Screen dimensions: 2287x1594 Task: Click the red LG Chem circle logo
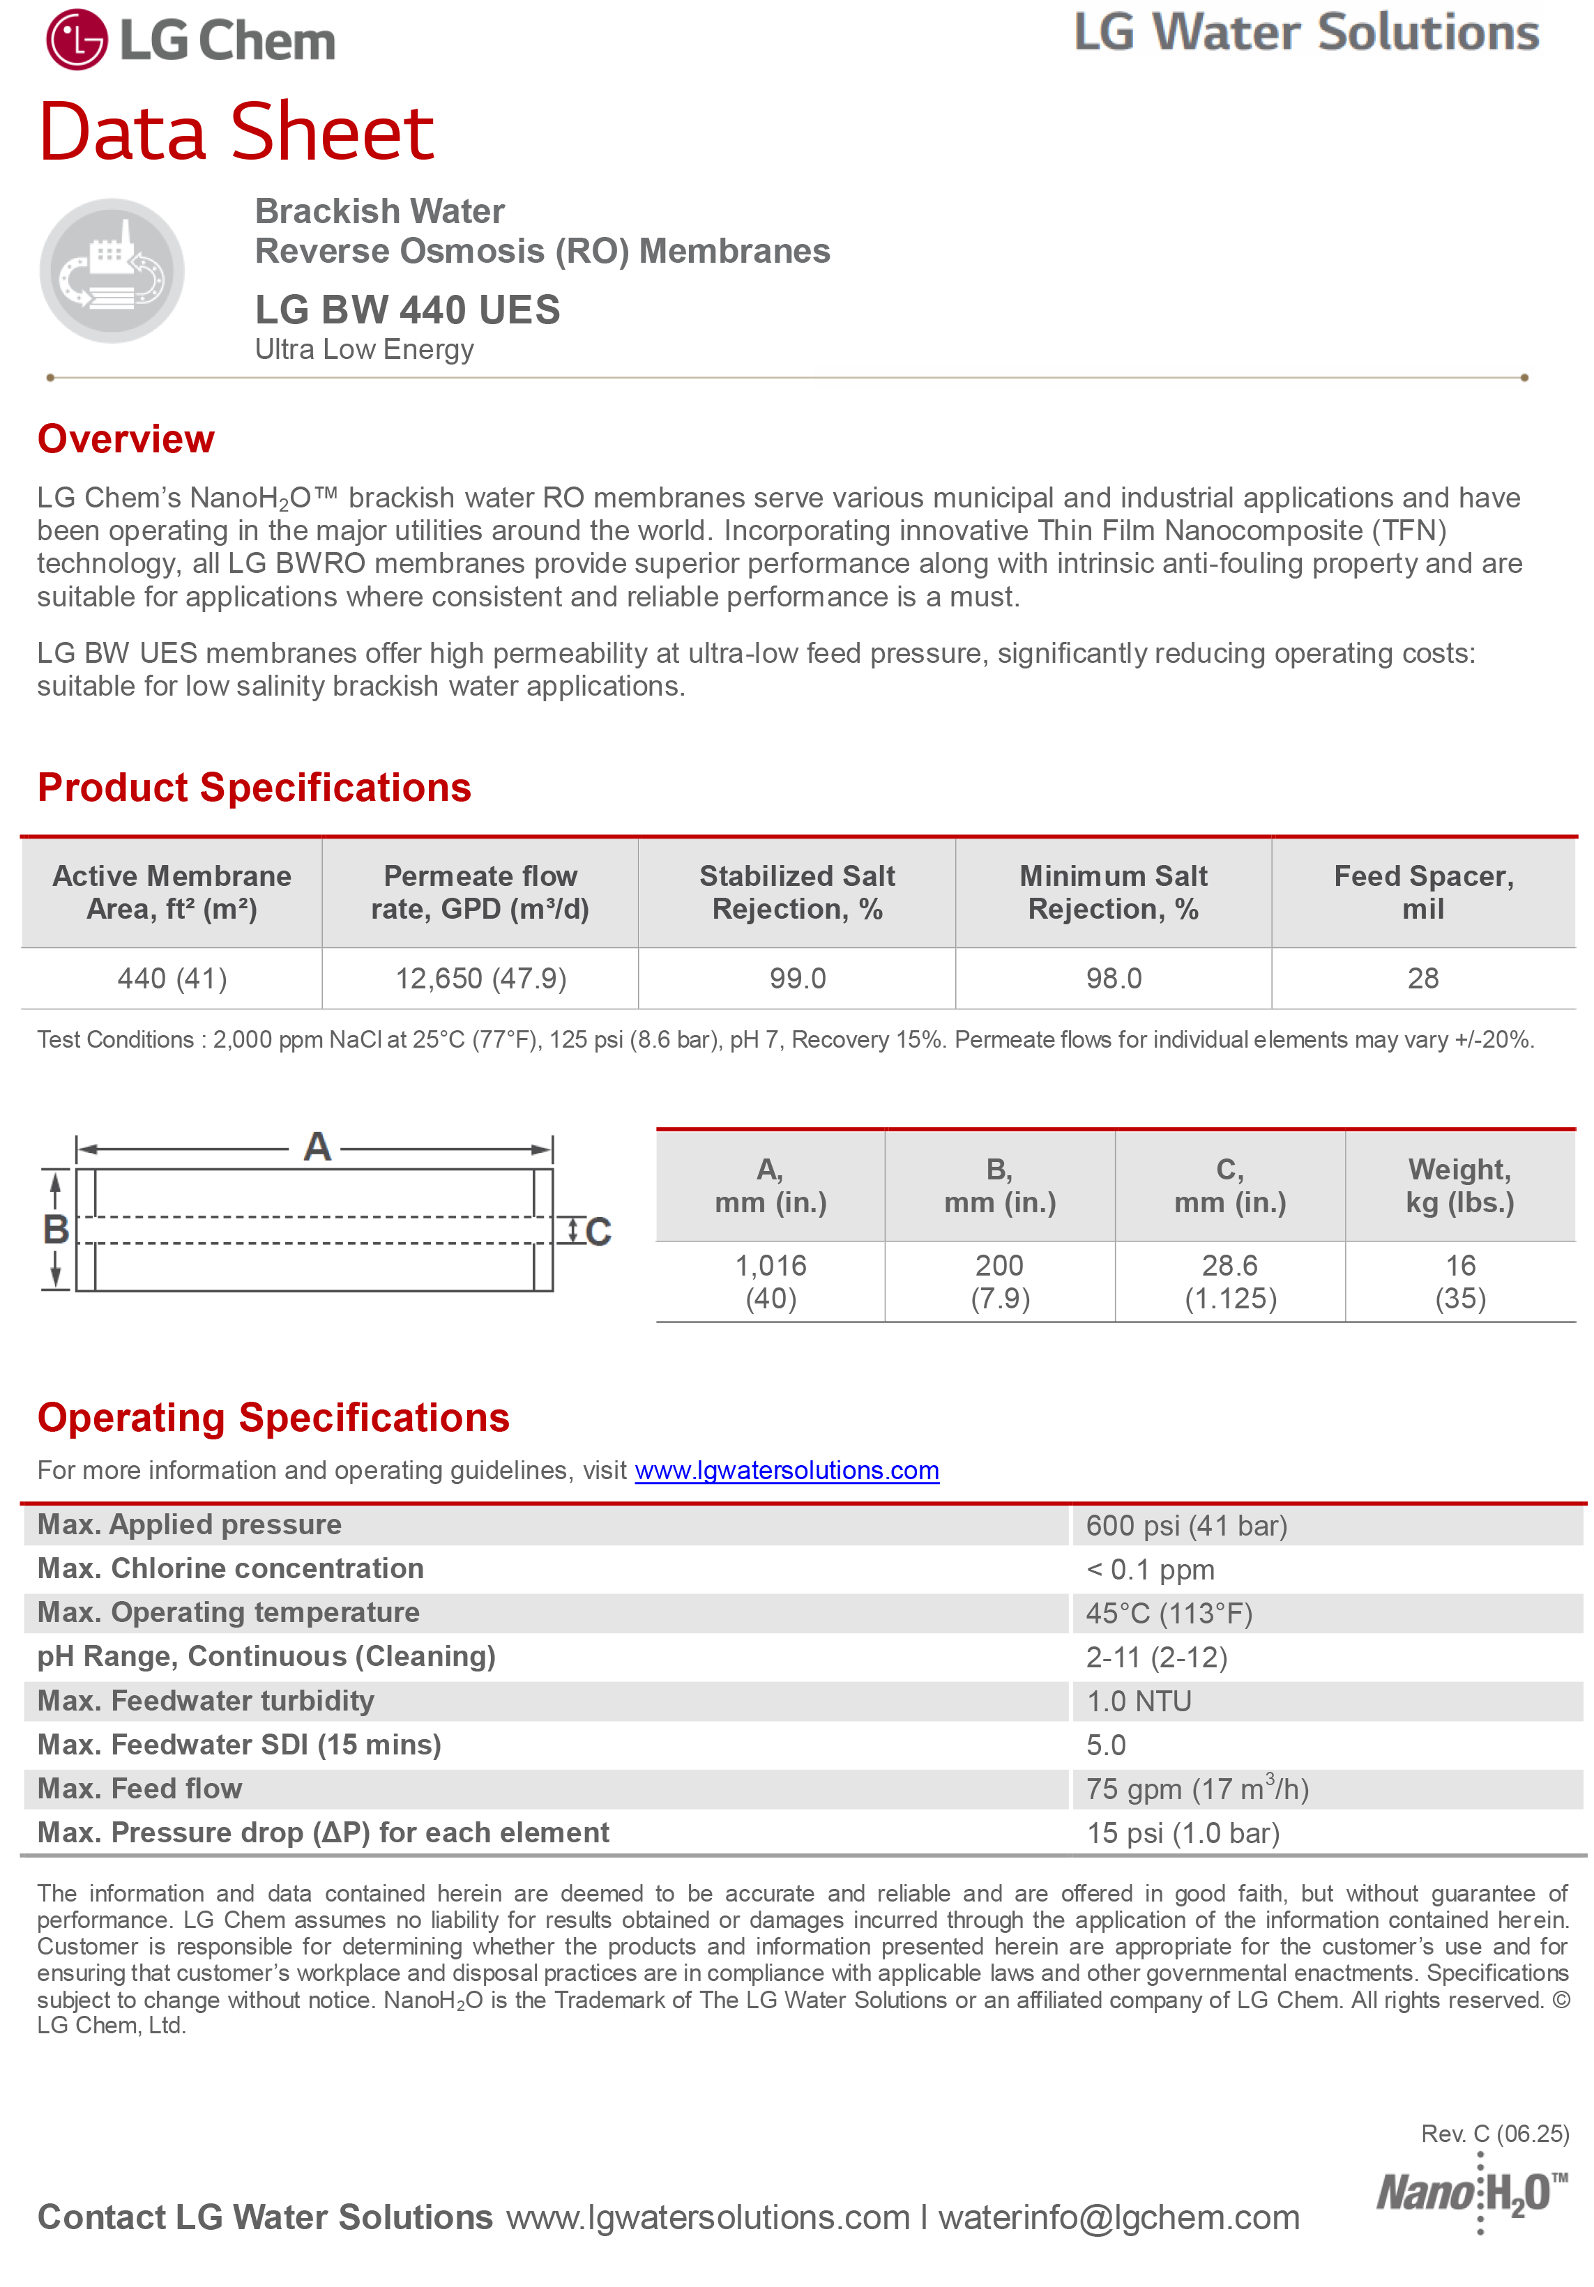[76, 40]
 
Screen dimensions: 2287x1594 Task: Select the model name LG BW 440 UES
[407, 309]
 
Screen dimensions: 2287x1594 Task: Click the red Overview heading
[126, 439]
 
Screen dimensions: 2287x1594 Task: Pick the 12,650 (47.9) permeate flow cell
[480, 978]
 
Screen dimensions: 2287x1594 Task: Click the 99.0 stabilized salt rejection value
[797, 978]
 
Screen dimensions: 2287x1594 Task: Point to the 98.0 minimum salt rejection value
[1113, 978]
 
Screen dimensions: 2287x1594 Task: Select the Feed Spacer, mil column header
[1422, 892]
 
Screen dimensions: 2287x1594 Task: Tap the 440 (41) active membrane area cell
[172, 978]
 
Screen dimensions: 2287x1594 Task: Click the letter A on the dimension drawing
[317, 1147]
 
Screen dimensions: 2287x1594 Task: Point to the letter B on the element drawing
[56, 1229]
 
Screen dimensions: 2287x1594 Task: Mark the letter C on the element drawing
[598, 1232]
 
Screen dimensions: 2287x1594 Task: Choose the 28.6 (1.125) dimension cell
[1229, 1282]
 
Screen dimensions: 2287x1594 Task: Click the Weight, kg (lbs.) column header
[1459, 1186]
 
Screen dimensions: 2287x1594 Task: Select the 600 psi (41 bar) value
[1185, 1526]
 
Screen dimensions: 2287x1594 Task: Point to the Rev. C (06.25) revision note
[1494, 2134]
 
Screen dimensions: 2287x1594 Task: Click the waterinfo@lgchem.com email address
[1118, 2217]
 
